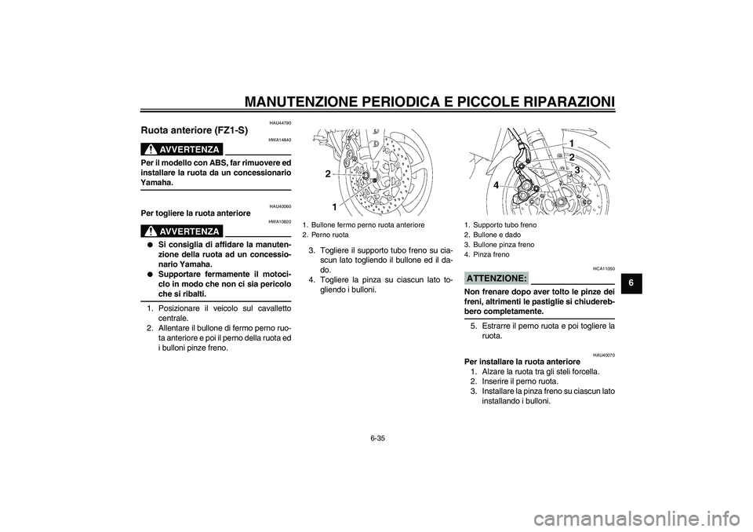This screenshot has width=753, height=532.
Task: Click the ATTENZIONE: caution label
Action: (495, 279)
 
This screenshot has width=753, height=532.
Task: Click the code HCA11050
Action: (602, 268)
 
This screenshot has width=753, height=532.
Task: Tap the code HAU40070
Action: (602, 355)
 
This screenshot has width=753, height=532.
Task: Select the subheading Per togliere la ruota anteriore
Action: (194, 213)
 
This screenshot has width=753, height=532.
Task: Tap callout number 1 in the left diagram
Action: (334, 206)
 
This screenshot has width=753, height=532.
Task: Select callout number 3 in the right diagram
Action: (577, 169)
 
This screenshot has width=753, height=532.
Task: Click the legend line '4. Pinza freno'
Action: (486, 254)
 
